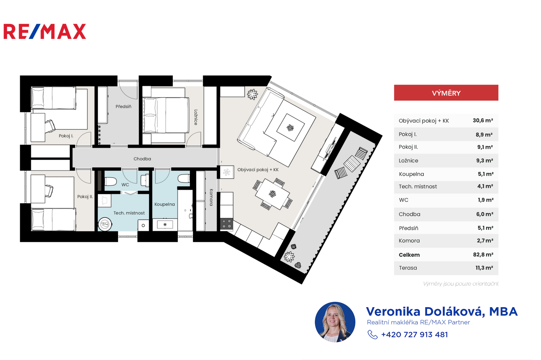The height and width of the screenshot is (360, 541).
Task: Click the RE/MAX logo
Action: pos(45,31)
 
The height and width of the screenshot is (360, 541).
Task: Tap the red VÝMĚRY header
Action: pos(446,93)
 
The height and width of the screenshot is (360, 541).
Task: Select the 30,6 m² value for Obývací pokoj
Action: pos(483,120)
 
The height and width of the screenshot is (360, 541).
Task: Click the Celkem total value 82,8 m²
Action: pos(483,254)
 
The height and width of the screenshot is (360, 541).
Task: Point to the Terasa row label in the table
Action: pos(408,268)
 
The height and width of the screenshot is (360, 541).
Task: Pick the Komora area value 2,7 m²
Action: pos(485,241)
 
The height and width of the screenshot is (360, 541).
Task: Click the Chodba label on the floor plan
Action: pos(142,159)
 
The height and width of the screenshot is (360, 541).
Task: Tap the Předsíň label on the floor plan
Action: pos(123,107)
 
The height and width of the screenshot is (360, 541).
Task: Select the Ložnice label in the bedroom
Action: pos(196,117)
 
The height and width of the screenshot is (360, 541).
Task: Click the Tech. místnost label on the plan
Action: pos(129,213)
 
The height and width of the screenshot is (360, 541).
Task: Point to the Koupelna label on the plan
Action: pos(164,204)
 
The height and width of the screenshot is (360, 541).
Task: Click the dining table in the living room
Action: pos(273,194)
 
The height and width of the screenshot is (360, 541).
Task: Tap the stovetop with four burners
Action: pos(227,224)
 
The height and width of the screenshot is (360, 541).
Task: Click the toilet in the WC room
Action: pos(111,181)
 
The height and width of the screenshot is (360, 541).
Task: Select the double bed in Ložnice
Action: pos(166,115)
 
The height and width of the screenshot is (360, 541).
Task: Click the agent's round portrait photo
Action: pos(335,322)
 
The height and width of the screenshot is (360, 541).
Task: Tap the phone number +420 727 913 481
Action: pos(415,335)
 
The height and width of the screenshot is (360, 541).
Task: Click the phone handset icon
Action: pos(372,335)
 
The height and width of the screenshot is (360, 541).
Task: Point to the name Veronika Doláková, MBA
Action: pos(442,312)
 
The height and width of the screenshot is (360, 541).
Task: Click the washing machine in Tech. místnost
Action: pos(105,224)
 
